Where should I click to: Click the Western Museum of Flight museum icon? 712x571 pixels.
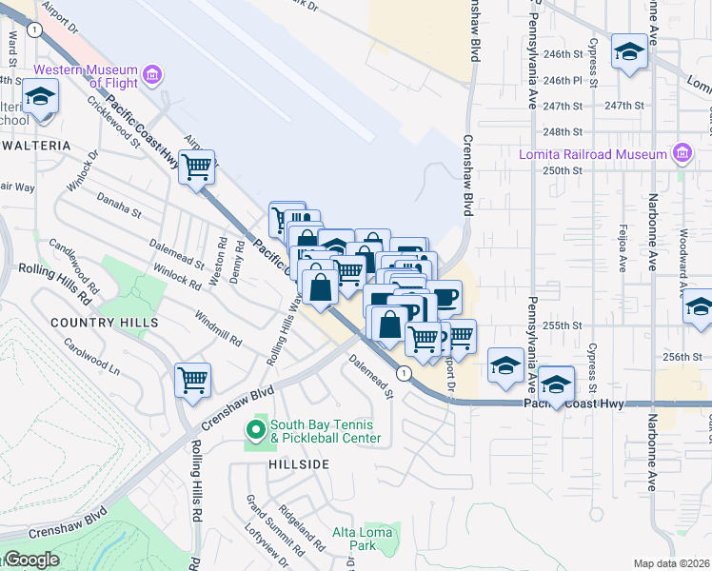click(150, 75)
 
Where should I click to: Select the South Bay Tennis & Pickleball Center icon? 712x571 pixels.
click(255, 431)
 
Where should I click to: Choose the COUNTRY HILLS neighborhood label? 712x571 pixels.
click(105, 323)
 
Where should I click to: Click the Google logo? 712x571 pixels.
click(31, 560)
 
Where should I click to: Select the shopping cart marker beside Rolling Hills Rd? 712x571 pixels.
click(193, 379)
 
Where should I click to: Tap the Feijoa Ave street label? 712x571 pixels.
click(621, 255)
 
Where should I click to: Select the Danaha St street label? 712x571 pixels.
click(118, 203)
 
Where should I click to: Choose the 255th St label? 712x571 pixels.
click(562, 325)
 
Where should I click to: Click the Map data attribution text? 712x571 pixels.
click(672, 563)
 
